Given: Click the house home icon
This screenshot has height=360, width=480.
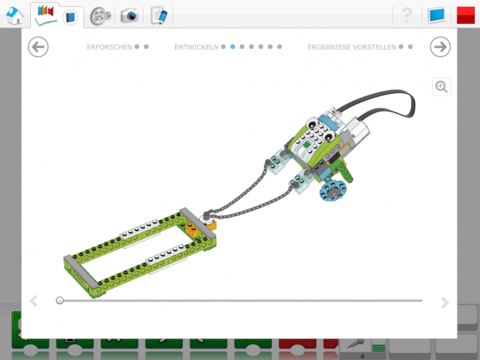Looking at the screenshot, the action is pyautogui.click(x=15, y=15).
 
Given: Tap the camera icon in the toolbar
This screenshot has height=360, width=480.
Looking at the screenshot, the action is pyautogui.click(x=129, y=15).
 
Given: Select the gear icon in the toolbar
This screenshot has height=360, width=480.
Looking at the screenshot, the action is pyautogui.click(x=100, y=16).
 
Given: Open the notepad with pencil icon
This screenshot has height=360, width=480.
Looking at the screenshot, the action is pyautogui.click(x=159, y=15).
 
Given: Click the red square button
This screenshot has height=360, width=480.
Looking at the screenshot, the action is pyautogui.click(x=465, y=15).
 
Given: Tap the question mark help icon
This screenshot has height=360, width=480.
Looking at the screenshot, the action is pyautogui.click(x=406, y=15).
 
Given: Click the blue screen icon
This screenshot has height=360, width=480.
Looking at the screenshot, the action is pyautogui.click(x=437, y=15).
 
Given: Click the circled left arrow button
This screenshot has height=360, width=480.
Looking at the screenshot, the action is pyautogui.click(x=38, y=46).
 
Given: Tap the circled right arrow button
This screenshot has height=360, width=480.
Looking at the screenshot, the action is pyautogui.click(x=441, y=46).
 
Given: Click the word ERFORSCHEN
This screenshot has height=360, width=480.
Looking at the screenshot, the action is pyautogui.click(x=109, y=47).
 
